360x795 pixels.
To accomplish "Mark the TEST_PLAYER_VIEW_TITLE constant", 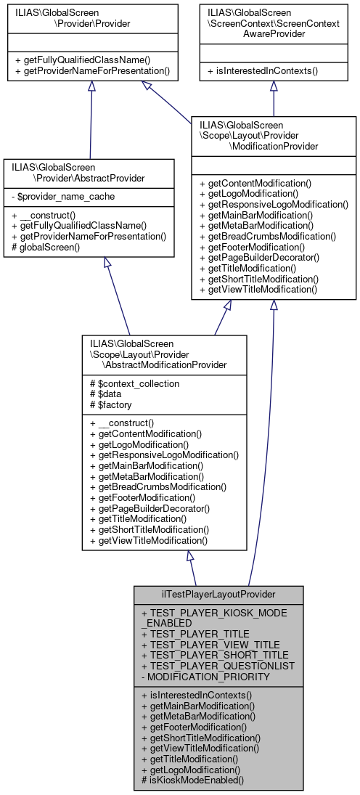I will pos(210,644).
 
